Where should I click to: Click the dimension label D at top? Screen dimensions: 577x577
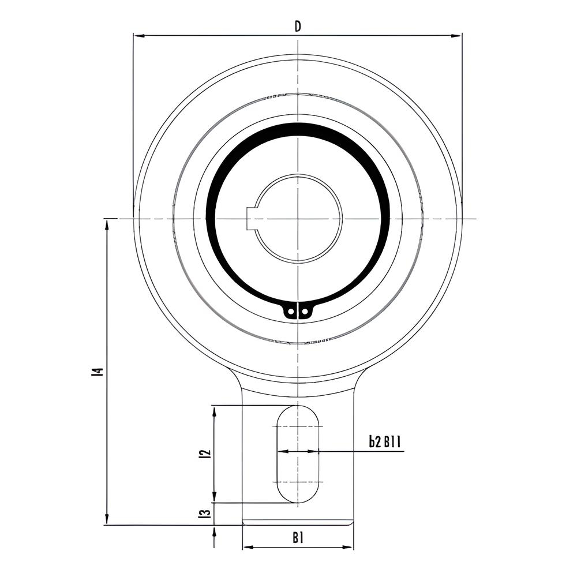298,26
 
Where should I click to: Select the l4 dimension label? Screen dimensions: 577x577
98,372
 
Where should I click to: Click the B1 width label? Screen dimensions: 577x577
298,538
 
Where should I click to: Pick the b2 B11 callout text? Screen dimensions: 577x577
385,441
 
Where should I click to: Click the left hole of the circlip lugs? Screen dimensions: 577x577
291,312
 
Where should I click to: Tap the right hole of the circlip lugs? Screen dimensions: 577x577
304,312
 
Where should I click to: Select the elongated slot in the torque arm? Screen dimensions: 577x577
298,454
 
